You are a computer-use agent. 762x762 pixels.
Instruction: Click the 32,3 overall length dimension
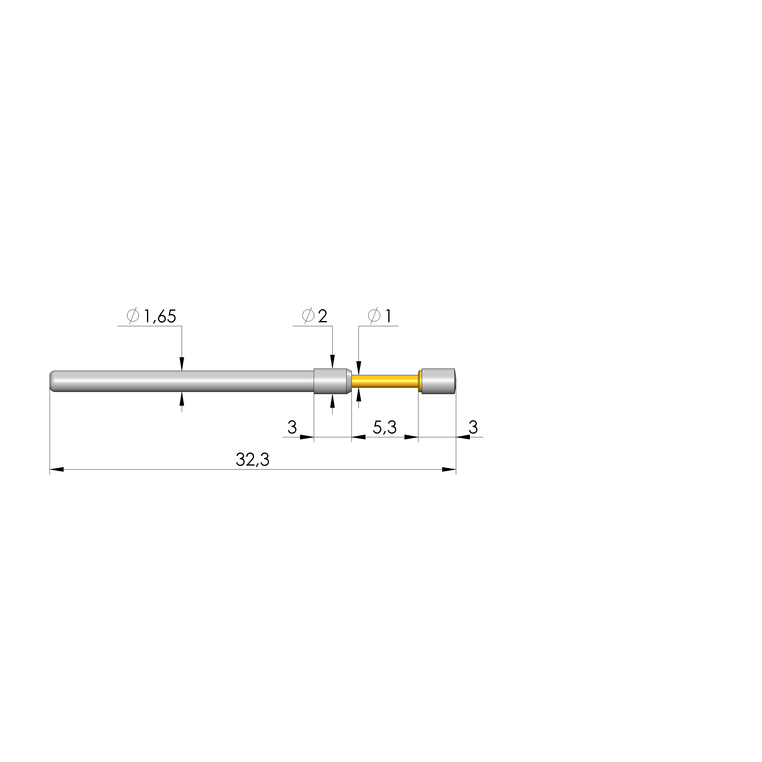tap(252, 460)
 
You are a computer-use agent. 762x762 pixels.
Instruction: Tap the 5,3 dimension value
tap(385, 427)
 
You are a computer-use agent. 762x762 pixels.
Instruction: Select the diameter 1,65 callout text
tap(152, 316)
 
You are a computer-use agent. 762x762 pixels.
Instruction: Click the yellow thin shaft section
tap(385, 381)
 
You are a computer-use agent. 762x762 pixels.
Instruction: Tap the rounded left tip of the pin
tap(52, 381)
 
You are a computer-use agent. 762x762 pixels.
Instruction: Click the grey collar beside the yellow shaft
tap(332, 381)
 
